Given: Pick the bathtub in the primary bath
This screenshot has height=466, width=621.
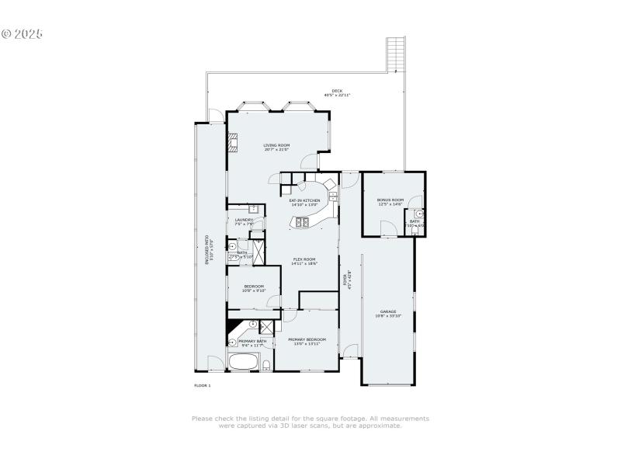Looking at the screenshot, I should [x=244, y=362].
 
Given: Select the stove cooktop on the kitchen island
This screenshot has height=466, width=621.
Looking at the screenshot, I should [x=301, y=223].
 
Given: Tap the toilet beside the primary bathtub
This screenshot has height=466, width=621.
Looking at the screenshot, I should [x=266, y=364].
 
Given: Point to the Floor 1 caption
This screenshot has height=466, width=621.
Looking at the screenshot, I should [x=202, y=385].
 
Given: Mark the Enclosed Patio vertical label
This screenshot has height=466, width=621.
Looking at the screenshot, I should [x=207, y=250].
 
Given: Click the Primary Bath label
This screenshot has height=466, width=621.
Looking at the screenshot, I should [x=252, y=343].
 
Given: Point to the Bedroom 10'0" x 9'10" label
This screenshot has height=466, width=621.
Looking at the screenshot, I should [x=253, y=288].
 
